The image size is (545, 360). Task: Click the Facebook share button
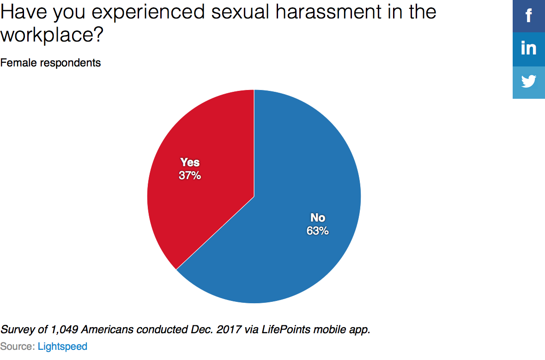529,16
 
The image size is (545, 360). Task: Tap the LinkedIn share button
529,49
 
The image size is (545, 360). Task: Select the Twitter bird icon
529,82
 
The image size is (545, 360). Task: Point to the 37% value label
190,175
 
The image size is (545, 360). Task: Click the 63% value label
317,231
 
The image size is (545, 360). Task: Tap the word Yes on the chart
190,162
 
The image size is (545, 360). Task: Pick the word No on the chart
317,218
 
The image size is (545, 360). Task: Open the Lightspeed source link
62,346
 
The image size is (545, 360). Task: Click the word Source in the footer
17,346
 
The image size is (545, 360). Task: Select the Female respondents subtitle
50,62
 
